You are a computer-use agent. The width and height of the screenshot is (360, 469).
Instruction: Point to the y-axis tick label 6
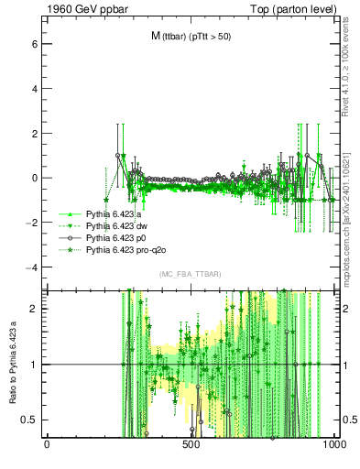tap(34, 43)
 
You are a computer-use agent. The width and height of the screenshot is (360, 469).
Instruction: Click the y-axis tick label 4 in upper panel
tap(34, 88)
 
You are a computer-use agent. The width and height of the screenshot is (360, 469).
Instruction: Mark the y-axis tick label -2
tap(31, 223)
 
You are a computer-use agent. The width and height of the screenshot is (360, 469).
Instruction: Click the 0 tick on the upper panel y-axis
tap(34, 178)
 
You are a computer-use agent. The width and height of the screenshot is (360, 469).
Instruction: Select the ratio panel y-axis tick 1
tap(34, 365)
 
